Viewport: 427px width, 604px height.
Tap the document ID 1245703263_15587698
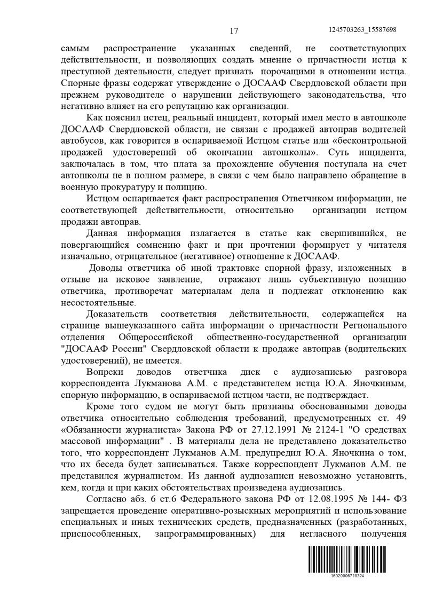pos(363,30)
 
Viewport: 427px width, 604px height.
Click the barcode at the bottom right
pos(346,559)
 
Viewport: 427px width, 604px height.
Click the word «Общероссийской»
pos(154,337)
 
